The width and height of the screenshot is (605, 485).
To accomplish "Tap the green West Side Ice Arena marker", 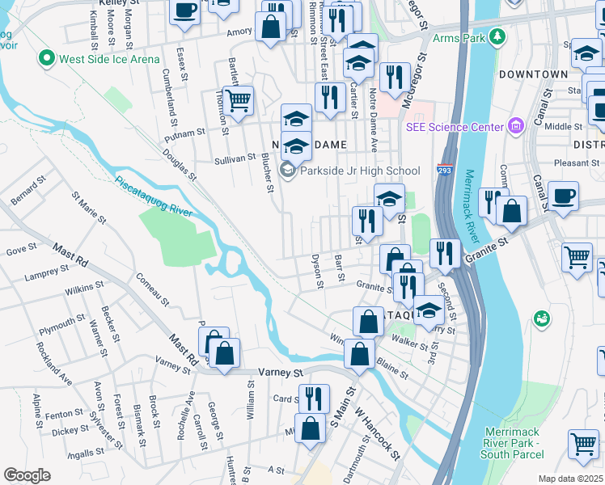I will click(x=47, y=58).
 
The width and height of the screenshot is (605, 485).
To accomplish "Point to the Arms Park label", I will click(x=459, y=37).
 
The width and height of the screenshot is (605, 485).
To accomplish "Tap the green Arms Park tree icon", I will click(x=497, y=37).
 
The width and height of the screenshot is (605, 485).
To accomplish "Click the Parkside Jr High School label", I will click(x=360, y=171).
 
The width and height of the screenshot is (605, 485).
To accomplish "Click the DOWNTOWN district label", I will click(x=533, y=74).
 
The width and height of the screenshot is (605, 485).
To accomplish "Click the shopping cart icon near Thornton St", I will click(x=238, y=100).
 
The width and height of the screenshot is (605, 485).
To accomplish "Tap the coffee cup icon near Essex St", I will click(x=185, y=11).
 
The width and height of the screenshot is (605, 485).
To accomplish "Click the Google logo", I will click(x=27, y=475).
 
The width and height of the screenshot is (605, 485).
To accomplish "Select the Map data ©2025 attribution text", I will click(x=569, y=479).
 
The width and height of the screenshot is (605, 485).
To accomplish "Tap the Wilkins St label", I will click(x=80, y=288).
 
